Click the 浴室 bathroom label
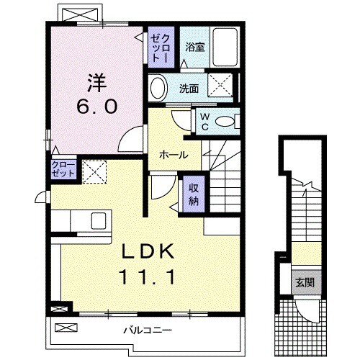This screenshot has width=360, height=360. tap(194, 48)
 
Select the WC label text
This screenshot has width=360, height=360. tap(204, 122)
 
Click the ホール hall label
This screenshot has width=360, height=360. tap(174, 155)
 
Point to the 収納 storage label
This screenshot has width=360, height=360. tap(194, 192)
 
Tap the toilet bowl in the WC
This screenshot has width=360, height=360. tap(228, 122)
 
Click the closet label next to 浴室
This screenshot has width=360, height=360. tap(159, 47)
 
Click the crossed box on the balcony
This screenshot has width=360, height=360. tap(64, 328)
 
